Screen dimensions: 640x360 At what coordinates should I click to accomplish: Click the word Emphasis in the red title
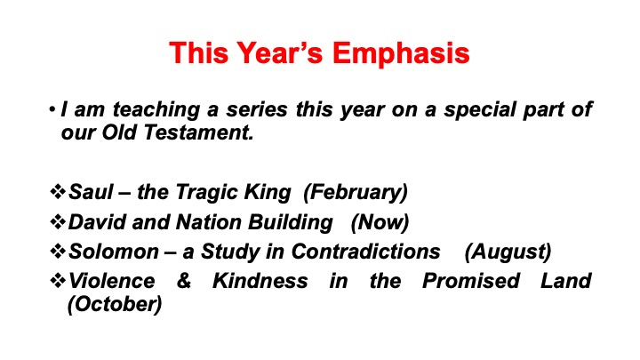[401, 53]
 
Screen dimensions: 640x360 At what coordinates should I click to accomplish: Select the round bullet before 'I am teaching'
[52, 109]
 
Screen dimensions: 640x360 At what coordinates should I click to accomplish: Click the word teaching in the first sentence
[156, 110]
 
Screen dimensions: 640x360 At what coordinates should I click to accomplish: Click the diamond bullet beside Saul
[58, 191]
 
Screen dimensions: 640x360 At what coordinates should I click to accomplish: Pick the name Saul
[91, 191]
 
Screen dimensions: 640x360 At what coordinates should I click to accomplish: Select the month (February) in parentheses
[356, 192]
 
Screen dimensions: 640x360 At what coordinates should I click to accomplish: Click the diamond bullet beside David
[58, 221]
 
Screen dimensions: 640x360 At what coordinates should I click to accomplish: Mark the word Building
[290, 222]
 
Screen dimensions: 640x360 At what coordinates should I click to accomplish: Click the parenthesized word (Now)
[380, 222]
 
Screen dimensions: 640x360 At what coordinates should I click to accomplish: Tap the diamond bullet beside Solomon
[58, 251]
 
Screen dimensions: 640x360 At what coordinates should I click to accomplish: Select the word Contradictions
[365, 252]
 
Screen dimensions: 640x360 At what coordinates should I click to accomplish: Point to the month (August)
[508, 252]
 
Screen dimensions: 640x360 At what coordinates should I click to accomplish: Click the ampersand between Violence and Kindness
[184, 281]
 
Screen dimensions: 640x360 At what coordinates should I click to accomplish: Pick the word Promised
[470, 281]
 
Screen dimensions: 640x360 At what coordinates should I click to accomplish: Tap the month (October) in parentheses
[115, 304]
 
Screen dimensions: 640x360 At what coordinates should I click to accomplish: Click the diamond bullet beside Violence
[58, 280]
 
